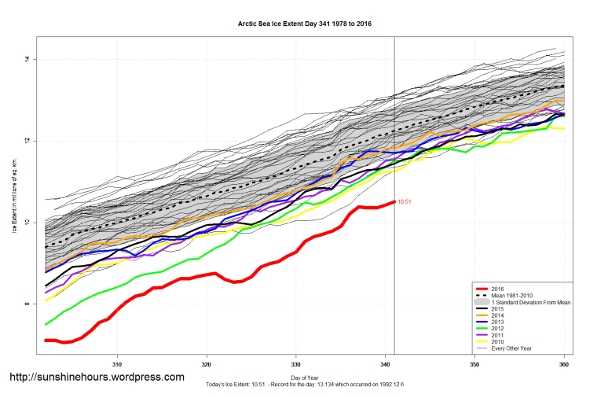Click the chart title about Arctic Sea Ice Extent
pyautogui.click(x=305, y=24)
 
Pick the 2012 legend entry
pyautogui.click(x=495, y=328)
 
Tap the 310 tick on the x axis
pyautogui.click(x=117, y=364)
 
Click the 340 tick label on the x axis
pyautogui.click(x=386, y=364)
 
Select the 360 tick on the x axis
pyautogui.click(x=564, y=364)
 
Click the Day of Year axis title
pyautogui.click(x=305, y=378)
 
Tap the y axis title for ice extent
pyautogui.click(x=13, y=196)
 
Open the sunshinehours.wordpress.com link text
pyautogui.click(x=97, y=378)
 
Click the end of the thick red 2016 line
pyautogui.click(x=394, y=202)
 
